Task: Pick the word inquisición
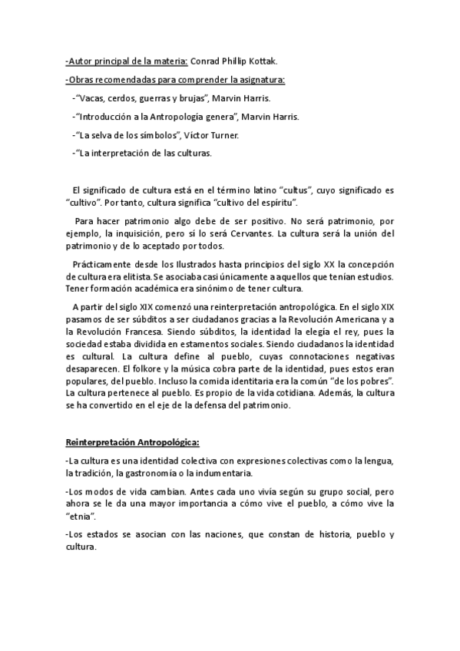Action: click(x=143, y=233)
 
